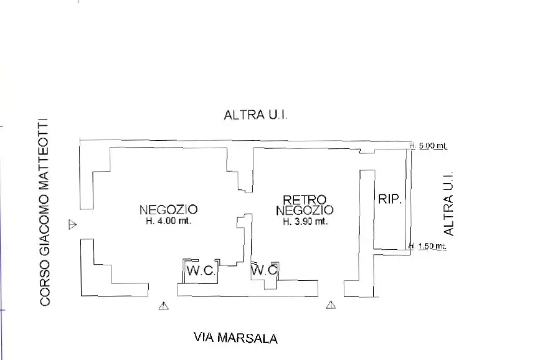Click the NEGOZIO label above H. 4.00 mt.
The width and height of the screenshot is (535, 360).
(168, 209)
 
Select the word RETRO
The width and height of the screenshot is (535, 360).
(305, 200)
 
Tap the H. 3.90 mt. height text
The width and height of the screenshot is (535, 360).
(305, 221)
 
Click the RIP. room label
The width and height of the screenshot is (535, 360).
(390, 199)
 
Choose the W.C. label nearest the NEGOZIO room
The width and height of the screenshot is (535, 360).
(201, 271)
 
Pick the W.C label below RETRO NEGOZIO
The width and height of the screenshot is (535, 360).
(264, 270)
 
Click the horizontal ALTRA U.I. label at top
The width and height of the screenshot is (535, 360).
(255, 116)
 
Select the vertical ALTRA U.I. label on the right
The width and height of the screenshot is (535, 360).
(448, 204)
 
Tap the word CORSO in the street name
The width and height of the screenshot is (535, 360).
(44, 286)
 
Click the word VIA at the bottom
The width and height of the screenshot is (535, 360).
(206, 338)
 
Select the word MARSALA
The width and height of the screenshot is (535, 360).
(250, 338)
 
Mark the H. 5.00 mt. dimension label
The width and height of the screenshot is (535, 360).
(430, 146)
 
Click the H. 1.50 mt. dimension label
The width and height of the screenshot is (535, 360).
(430, 246)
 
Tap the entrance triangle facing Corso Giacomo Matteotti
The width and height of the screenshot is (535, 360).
(72, 224)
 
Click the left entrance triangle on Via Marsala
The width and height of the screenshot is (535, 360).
(164, 305)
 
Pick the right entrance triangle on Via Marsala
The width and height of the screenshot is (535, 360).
(331, 305)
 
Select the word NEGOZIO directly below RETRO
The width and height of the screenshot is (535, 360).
(305, 211)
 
